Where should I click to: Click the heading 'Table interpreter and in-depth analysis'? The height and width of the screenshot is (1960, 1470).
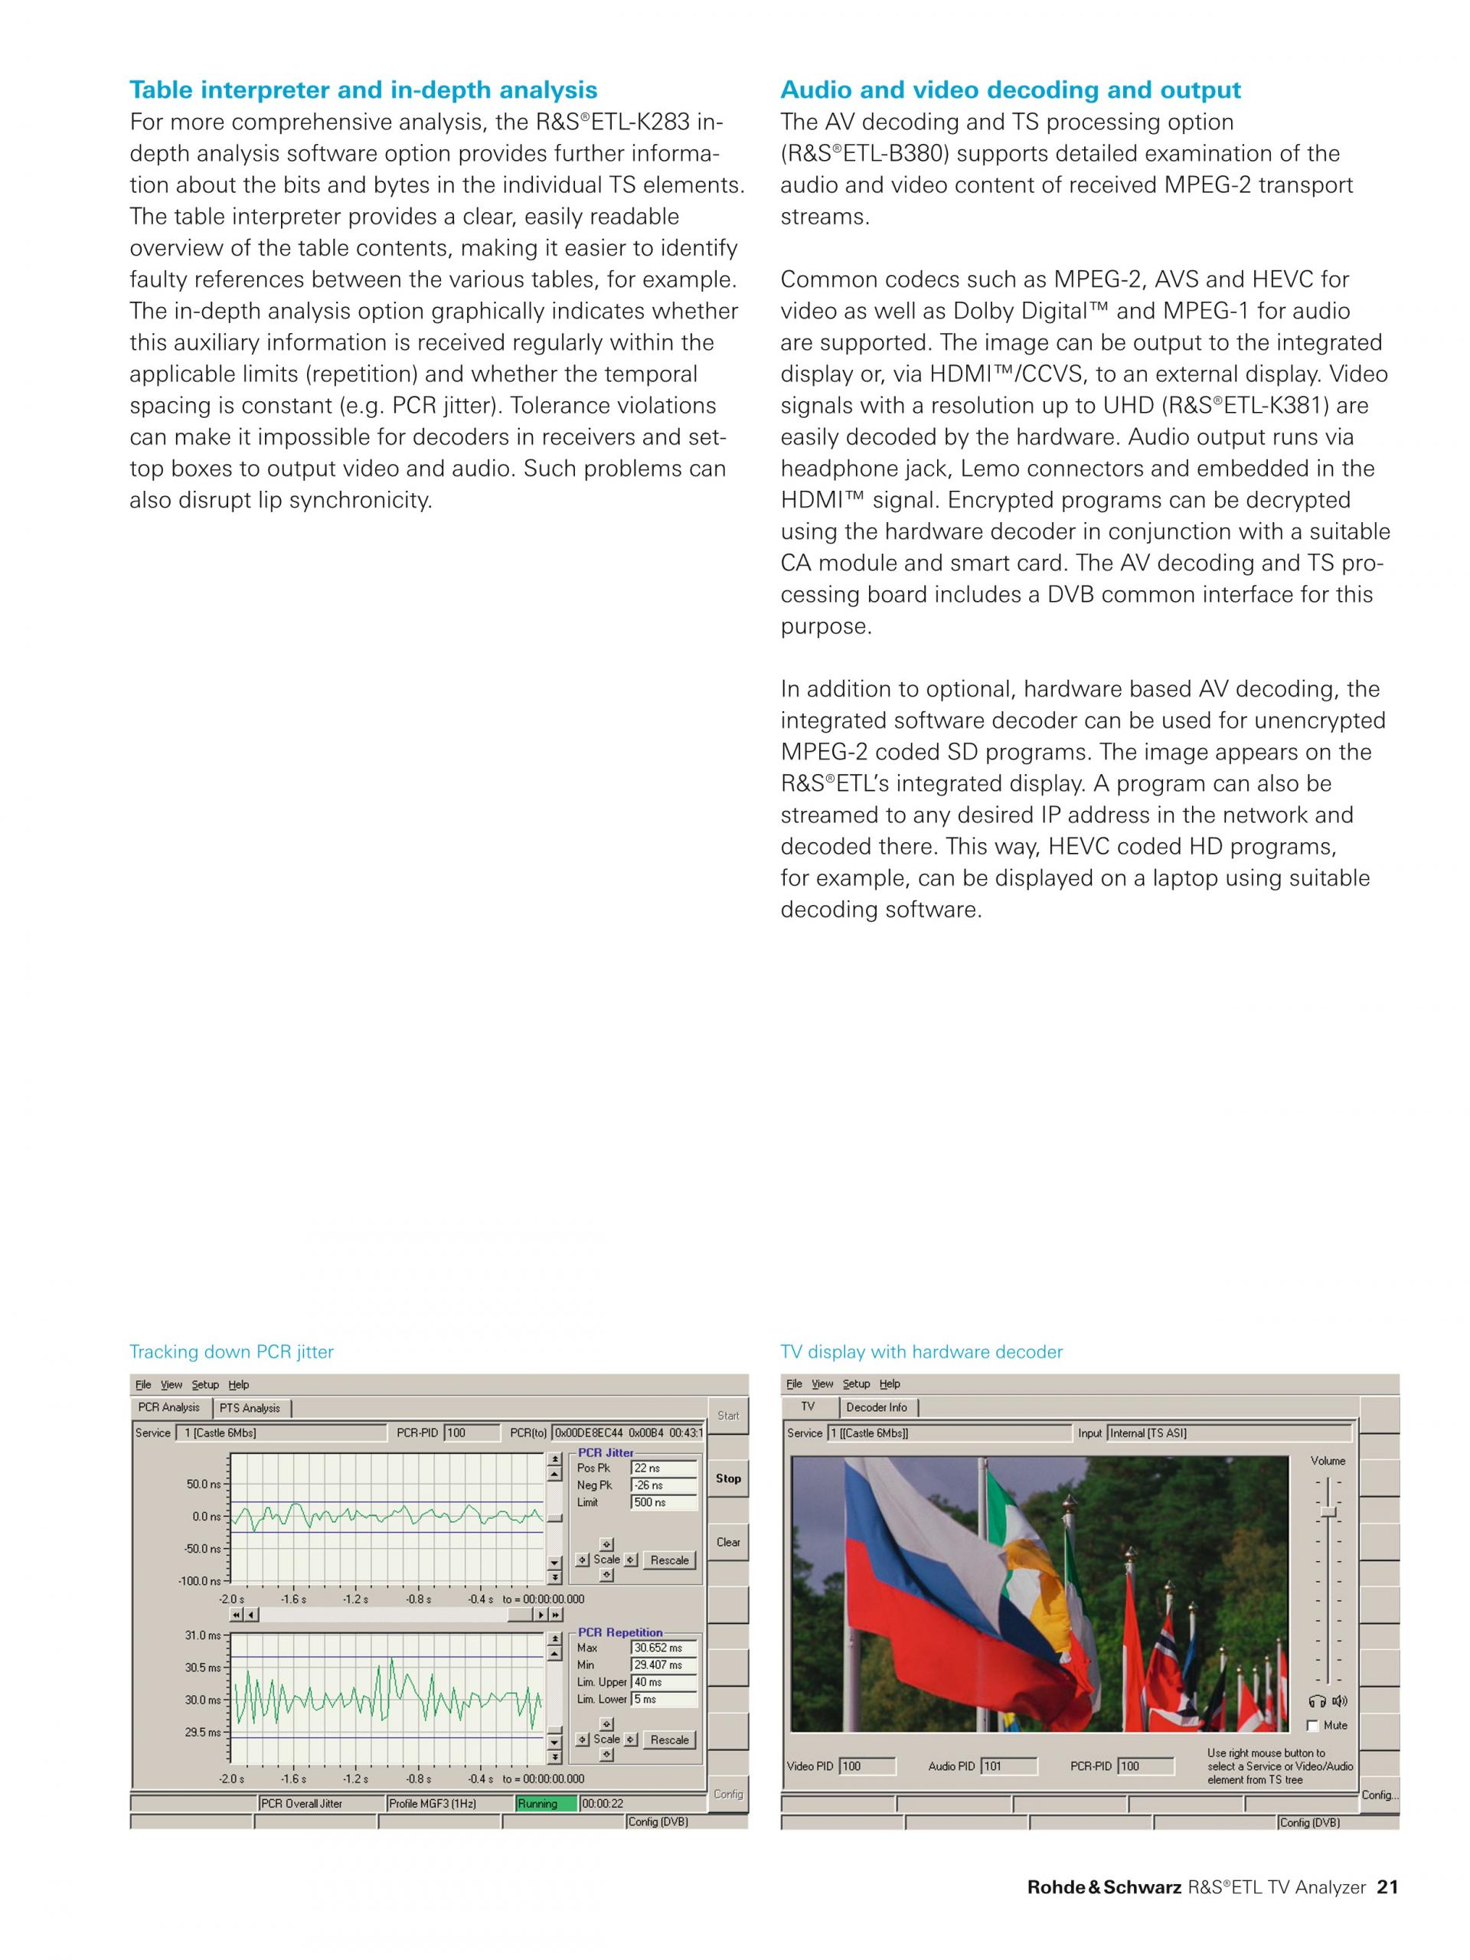(x=364, y=90)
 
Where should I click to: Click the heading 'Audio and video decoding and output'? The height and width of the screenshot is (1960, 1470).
(x=1010, y=90)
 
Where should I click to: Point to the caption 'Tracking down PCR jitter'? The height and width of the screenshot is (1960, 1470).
(x=231, y=1351)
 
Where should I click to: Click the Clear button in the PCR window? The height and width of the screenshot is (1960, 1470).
(x=727, y=1542)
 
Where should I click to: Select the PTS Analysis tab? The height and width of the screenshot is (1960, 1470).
(x=250, y=1408)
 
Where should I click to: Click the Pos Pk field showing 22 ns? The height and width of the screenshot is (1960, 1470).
(x=664, y=1468)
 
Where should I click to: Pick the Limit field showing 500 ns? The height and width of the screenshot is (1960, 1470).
(x=664, y=1502)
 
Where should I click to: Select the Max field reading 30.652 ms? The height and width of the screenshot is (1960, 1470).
(x=664, y=1647)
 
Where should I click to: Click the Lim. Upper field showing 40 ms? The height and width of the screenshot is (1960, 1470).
(x=664, y=1682)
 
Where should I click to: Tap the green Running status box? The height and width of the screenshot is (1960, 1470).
(x=546, y=1803)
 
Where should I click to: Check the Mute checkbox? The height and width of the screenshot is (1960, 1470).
(x=1313, y=1725)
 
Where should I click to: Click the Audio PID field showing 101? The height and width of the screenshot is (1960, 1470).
(x=1008, y=1766)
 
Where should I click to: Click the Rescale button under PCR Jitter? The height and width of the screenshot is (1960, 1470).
(x=669, y=1560)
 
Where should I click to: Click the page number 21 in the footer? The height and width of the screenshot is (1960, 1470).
(x=1387, y=1913)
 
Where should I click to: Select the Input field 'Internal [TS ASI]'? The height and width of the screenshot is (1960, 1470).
(x=1228, y=1432)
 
